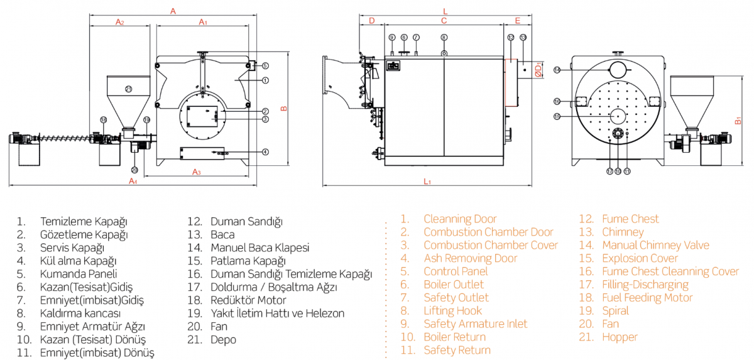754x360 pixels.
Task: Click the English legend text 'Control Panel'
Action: coord(456,271)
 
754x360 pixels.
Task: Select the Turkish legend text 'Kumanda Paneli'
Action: coord(79,274)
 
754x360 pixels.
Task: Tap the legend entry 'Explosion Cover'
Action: coord(640,258)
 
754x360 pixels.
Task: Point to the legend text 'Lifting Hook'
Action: coord(452,311)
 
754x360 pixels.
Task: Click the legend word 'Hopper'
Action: coord(620,337)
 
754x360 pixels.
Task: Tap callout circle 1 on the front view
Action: coord(266,80)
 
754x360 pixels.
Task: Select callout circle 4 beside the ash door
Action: coord(266,151)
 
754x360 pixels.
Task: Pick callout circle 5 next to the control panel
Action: coord(265,65)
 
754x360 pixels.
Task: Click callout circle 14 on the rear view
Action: coord(557,70)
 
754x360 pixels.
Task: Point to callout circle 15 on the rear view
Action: coord(557,116)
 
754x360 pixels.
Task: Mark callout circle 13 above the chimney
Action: coord(523,38)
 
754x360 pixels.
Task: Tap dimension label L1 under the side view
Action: coord(427,182)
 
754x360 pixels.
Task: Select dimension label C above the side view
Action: coord(444,21)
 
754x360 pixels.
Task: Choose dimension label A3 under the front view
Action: coord(196,172)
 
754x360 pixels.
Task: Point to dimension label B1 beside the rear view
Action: coord(739,120)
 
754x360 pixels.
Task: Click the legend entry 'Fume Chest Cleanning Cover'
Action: coord(670,271)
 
